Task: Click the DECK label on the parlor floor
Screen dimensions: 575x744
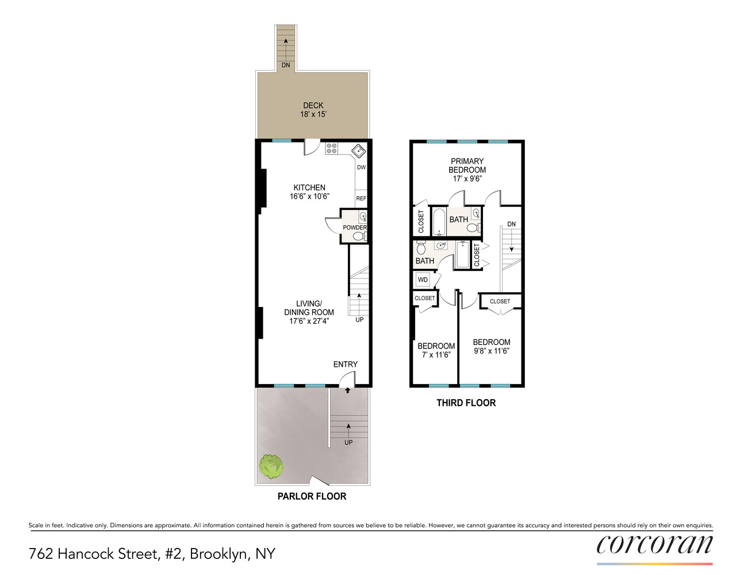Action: (313, 105)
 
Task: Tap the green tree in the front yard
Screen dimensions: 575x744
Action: (271, 466)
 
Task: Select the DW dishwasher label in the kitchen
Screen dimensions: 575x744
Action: (361, 167)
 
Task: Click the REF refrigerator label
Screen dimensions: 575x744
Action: (361, 198)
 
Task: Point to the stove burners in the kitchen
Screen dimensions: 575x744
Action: (332, 148)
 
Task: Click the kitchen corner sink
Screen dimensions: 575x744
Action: (358, 151)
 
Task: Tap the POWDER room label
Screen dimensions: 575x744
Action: (354, 228)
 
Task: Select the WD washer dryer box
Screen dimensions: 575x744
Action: (423, 280)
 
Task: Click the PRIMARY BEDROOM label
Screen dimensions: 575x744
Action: (467, 166)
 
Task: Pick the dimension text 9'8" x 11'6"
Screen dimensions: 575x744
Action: (491, 351)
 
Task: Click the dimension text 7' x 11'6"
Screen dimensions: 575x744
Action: (436, 355)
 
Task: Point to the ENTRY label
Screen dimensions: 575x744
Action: (345, 365)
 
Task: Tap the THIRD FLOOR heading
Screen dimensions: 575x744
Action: (466, 403)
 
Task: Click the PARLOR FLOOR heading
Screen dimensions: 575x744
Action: (312, 496)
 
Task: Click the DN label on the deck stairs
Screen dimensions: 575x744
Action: (286, 65)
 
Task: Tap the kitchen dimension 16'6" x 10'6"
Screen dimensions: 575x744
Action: (309, 196)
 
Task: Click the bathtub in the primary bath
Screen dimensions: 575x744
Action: (439, 223)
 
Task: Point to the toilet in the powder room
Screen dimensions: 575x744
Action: (359, 236)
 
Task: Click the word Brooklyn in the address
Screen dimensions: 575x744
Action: (219, 554)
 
